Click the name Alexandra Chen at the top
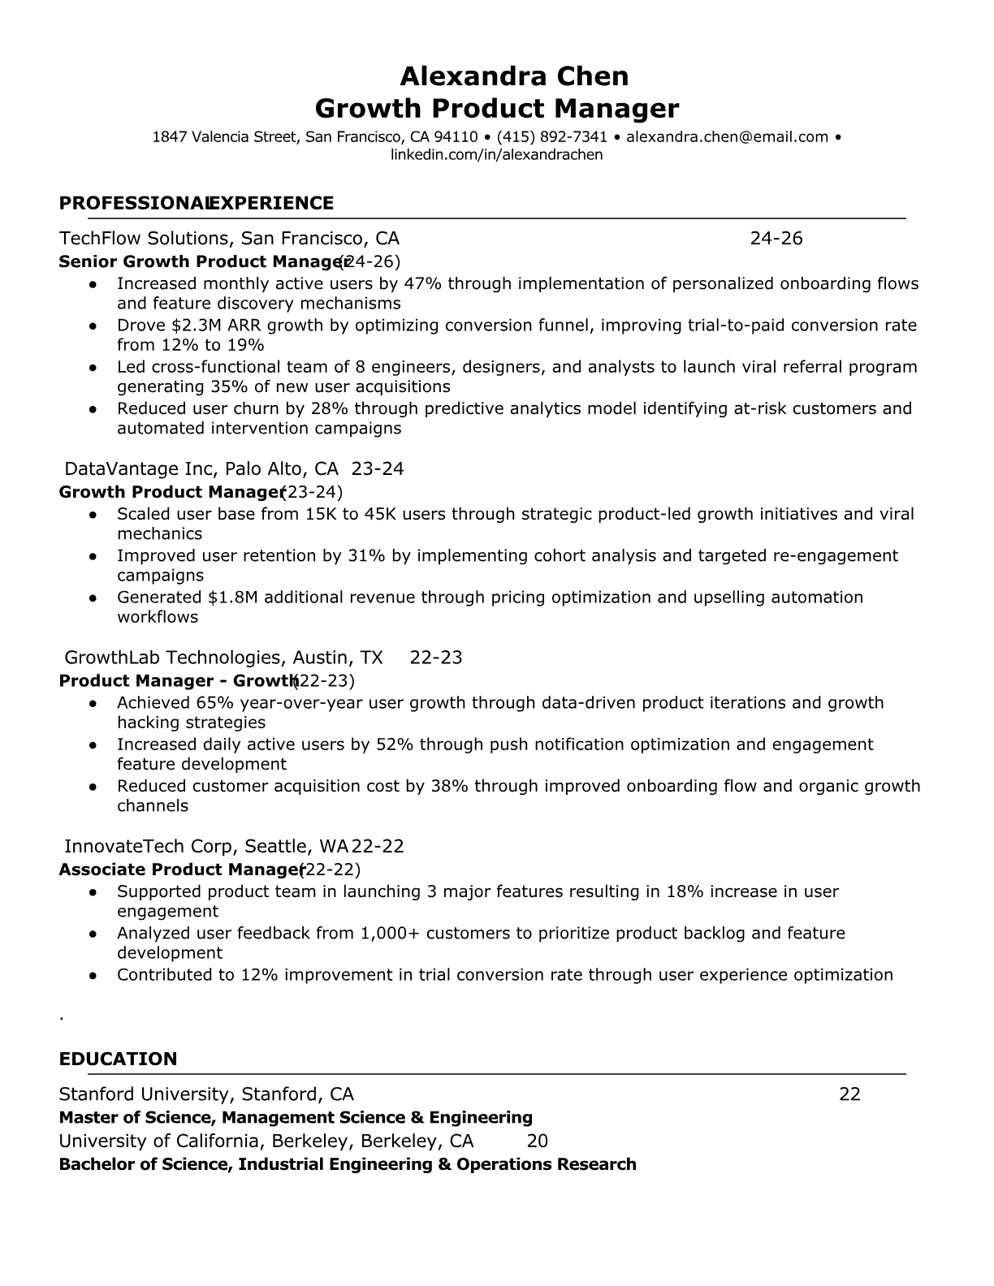513,76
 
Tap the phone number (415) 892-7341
552,137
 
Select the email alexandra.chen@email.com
727,137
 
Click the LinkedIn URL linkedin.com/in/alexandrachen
496,154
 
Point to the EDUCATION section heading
118,1059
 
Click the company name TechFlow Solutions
144,238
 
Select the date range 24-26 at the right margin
776,238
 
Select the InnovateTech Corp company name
148,846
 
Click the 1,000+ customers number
390,934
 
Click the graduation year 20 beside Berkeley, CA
538,1141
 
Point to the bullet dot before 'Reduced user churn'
94,409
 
